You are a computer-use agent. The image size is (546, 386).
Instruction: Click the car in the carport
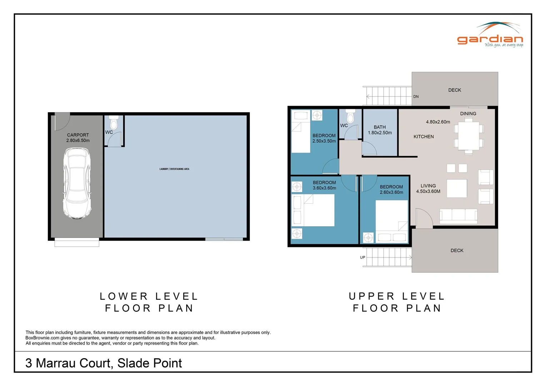click(77, 183)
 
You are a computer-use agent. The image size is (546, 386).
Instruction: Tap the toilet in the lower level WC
click(114, 122)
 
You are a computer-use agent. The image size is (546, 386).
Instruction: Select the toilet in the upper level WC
click(351, 116)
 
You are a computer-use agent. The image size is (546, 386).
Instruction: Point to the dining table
click(468, 136)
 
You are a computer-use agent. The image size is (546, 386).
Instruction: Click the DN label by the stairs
click(416, 96)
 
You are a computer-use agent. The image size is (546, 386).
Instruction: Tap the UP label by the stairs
click(362, 257)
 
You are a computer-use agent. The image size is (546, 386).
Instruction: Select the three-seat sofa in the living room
click(458, 216)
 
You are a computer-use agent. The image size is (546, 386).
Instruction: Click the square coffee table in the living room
click(457, 188)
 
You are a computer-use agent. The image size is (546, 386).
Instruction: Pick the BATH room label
click(379, 127)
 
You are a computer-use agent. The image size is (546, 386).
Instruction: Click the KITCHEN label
click(423, 137)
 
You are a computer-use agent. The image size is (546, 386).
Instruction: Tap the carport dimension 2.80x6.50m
click(78, 140)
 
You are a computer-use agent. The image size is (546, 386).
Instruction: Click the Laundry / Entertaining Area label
click(174, 169)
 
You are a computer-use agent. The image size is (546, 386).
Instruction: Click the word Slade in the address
click(132, 363)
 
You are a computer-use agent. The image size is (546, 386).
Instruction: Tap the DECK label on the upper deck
click(455, 90)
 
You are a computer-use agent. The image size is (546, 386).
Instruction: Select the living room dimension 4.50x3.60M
click(428, 191)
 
